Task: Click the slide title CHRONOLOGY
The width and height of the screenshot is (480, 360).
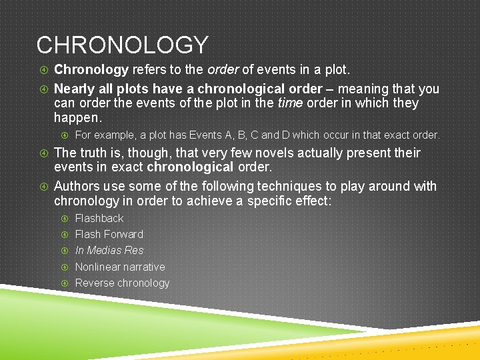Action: pyautogui.click(x=122, y=45)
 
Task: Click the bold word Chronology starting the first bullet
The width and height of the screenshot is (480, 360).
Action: pyautogui.click(x=91, y=70)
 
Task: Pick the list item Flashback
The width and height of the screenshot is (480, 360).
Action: pyautogui.click(x=99, y=218)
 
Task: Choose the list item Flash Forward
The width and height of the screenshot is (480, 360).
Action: pyautogui.click(x=109, y=234)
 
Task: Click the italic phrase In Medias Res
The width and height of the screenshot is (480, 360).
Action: pyautogui.click(x=109, y=251)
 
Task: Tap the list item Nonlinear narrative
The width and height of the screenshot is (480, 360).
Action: pyautogui.click(x=119, y=267)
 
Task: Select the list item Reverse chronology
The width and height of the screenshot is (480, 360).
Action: pyautogui.click(x=122, y=283)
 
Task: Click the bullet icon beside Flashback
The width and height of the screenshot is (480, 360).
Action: pyautogui.click(x=65, y=219)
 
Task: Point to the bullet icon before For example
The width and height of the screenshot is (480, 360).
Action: pyautogui.click(x=65, y=135)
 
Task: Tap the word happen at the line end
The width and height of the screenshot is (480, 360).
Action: pyautogui.click(x=76, y=118)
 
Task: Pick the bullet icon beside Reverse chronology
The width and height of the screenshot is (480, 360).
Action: pyautogui.click(x=65, y=283)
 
